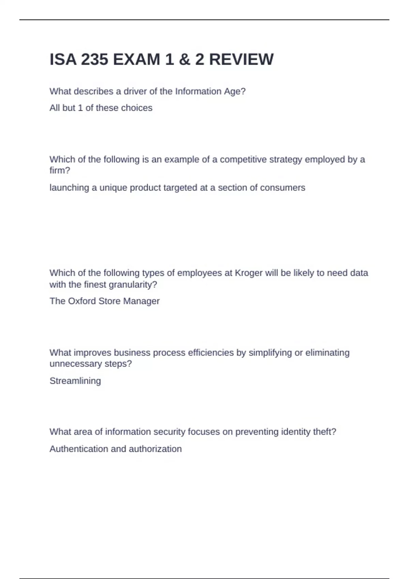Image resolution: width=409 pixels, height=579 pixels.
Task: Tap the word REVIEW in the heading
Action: pyautogui.click(x=241, y=60)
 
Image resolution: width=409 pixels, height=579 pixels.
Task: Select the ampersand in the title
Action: pyautogui.click(x=184, y=60)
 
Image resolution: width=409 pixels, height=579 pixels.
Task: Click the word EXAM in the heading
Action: pyautogui.click(x=136, y=60)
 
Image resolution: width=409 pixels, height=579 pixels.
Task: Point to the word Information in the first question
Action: pyautogui.click(x=198, y=91)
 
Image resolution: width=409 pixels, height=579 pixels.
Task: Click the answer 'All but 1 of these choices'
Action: pyautogui.click(x=101, y=108)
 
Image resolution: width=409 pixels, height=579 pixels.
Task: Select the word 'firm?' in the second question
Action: pyautogui.click(x=60, y=170)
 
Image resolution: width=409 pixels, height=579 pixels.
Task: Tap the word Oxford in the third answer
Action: pyautogui.click(x=82, y=301)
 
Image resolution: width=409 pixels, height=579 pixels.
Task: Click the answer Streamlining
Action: pyautogui.click(x=75, y=381)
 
